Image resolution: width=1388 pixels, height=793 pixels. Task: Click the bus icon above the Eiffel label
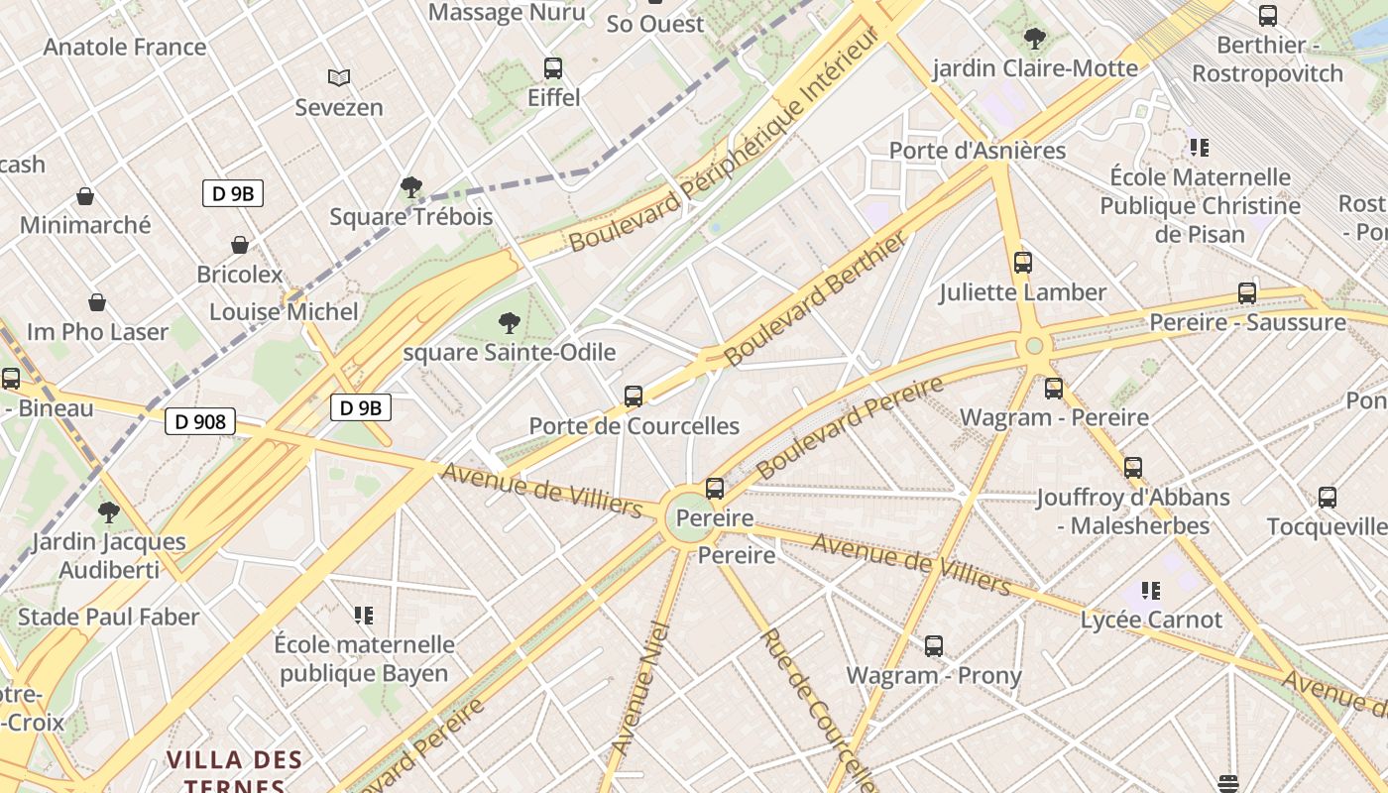coord(553,68)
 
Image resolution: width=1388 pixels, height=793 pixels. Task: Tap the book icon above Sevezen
coord(339,77)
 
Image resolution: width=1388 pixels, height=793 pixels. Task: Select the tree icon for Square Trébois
coord(410,187)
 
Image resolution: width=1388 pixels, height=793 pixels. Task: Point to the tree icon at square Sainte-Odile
coord(509,322)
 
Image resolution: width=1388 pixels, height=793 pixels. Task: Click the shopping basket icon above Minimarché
coord(85,196)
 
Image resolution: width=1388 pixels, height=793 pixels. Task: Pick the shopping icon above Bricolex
coord(239,245)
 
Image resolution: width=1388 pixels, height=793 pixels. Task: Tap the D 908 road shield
coord(200,422)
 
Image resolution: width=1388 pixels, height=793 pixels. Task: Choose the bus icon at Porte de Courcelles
coord(634,396)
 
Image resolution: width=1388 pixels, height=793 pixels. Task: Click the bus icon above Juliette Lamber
coord(1022,263)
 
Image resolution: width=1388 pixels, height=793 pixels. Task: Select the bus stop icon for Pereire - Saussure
coord(1247,293)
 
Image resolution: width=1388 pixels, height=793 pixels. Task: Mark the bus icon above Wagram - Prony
coord(933,646)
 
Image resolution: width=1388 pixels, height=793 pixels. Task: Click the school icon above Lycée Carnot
coord(1150,591)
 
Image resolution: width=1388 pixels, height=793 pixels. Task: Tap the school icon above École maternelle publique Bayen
coord(364,616)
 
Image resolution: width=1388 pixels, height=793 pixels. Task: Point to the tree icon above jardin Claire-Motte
coord(1035,40)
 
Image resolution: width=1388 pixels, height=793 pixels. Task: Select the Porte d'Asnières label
coord(977,151)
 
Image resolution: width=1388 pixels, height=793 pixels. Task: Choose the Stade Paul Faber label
coord(109,617)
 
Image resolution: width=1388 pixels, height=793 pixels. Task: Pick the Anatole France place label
coord(125,47)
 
